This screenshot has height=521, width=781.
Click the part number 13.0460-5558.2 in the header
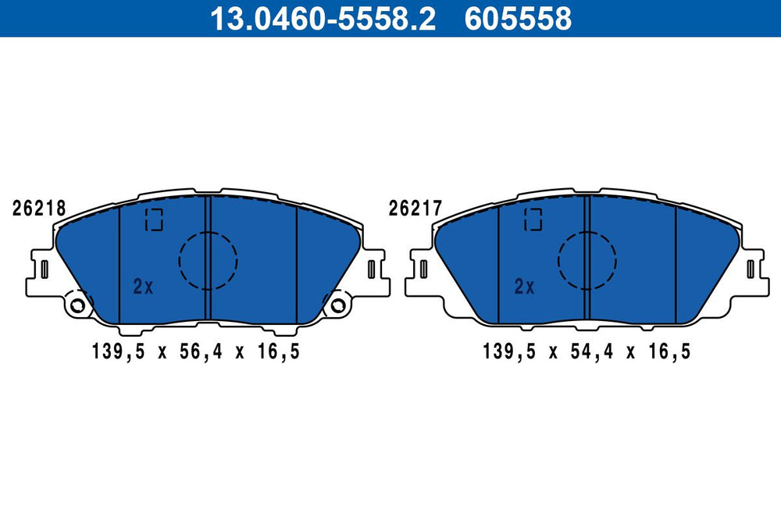pyautogui.click(x=323, y=19)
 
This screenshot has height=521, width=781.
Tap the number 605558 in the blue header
pyautogui.click(x=518, y=19)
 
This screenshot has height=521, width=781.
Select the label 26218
pyautogui.click(x=39, y=209)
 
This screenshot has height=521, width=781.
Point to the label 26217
pyautogui.click(x=415, y=209)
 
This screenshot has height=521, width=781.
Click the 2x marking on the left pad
pyautogui.click(x=144, y=287)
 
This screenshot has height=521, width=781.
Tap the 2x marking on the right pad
pyautogui.click(x=524, y=287)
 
